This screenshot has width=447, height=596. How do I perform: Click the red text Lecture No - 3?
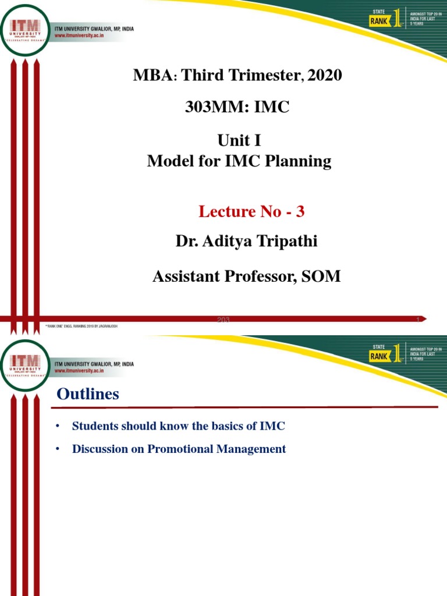pos(251,212)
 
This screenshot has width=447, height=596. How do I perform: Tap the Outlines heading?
pos(88,395)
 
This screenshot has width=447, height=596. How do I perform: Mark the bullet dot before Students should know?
pos(58,427)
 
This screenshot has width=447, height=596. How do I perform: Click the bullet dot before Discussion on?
pos(58,450)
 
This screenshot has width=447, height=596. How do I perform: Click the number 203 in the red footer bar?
pos(223,320)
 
